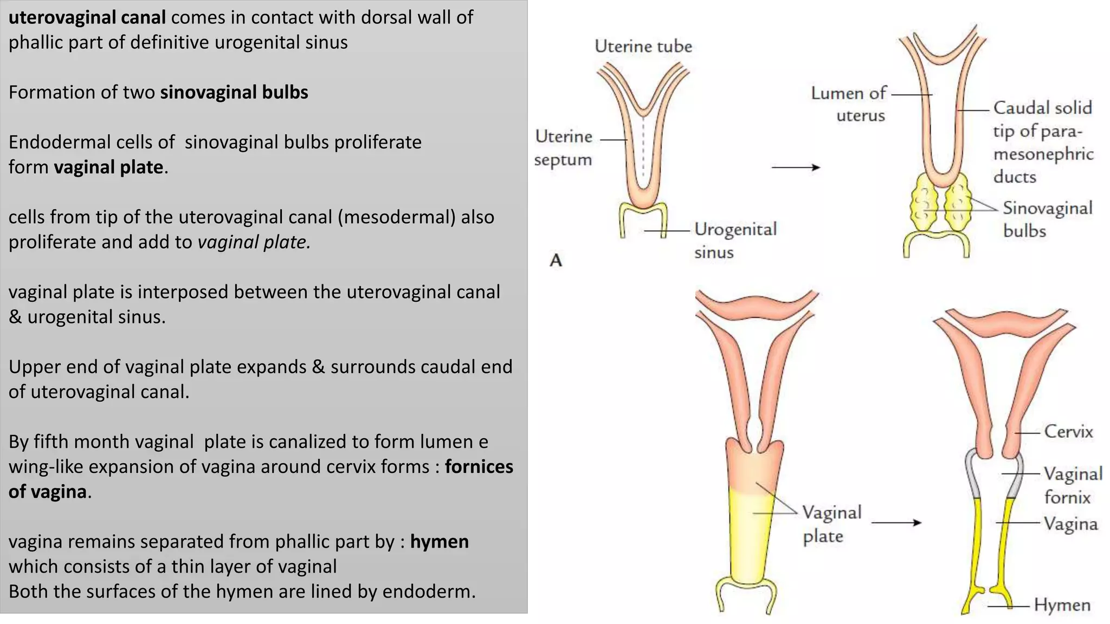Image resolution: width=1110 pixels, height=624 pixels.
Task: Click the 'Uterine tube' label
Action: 643,46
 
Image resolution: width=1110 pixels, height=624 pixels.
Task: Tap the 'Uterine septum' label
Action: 563,148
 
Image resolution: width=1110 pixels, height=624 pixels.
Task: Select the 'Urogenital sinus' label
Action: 735,240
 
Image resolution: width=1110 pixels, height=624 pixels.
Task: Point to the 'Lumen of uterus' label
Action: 849,104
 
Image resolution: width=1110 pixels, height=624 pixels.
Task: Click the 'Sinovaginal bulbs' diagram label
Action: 1047,219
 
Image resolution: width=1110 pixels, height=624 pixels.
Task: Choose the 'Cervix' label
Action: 1068,432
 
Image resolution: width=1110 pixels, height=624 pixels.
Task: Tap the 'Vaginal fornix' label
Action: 1073,485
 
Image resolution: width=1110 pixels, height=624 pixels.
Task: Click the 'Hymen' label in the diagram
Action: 1062,605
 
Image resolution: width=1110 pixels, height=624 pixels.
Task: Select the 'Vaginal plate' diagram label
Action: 831,524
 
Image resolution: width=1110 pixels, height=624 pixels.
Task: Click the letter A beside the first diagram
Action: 556,261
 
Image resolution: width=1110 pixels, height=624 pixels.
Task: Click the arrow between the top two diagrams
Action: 796,167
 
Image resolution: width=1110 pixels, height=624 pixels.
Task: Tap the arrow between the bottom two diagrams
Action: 896,523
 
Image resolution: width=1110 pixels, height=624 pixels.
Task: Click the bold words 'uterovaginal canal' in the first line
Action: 87,17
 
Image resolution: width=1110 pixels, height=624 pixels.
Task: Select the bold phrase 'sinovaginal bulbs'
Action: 234,93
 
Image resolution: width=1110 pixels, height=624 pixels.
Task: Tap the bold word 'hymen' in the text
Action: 439,542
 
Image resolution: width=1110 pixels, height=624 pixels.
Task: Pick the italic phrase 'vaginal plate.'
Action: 254,242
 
